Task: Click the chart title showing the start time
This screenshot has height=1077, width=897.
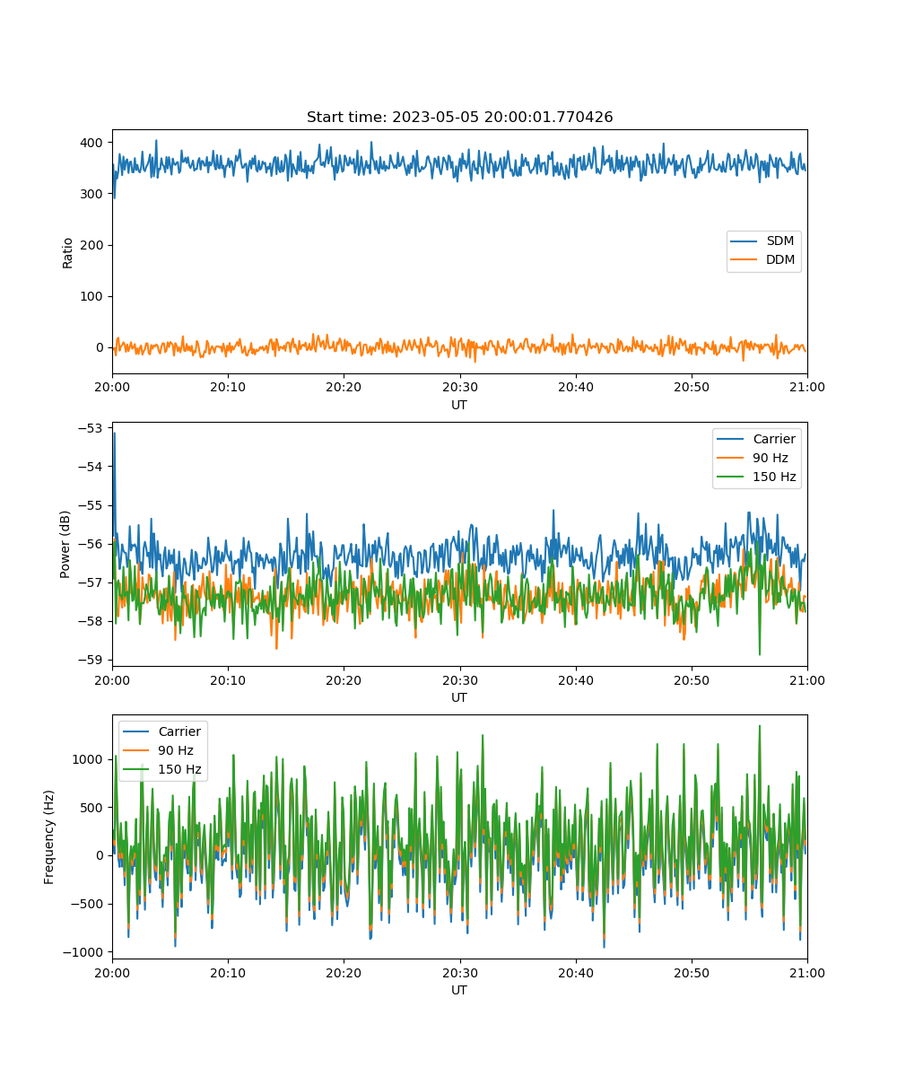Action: click(459, 117)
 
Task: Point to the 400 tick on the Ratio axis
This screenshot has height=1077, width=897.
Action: click(91, 143)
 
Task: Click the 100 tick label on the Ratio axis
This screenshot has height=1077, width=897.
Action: click(91, 296)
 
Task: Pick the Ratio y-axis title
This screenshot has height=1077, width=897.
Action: click(67, 253)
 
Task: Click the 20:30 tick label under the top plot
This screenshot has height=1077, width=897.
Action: click(460, 387)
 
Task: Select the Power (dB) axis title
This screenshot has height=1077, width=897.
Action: click(65, 544)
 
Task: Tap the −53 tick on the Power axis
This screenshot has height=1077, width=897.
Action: click(90, 428)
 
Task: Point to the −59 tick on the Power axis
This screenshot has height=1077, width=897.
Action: click(90, 660)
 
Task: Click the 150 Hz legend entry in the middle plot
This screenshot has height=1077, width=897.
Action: click(756, 477)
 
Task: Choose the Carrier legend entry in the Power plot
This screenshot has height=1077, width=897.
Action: click(756, 439)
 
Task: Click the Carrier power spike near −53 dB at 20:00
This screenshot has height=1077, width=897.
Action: click(115, 434)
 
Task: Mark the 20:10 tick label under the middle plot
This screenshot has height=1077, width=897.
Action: click(228, 680)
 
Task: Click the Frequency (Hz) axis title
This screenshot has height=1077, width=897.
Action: click(48, 837)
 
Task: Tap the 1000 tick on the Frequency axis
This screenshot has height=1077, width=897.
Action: click(88, 759)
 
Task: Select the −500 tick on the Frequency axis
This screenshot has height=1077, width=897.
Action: click(87, 904)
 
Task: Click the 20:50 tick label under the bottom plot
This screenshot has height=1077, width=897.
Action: click(692, 973)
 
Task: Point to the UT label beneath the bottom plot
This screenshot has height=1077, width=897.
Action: click(459, 990)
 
